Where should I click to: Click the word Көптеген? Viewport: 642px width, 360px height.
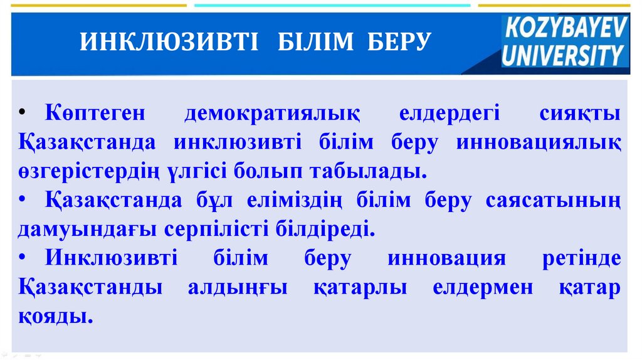[x=95, y=114]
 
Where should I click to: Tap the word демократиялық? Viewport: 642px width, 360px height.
[x=272, y=114]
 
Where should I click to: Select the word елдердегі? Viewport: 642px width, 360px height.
[x=450, y=114]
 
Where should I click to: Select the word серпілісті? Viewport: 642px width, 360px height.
[x=216, y=229]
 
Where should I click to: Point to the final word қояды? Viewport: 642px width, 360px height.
[x=55, y=316]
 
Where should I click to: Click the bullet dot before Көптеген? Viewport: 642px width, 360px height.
[x=23, y=114]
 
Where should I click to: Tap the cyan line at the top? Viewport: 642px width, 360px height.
[x=332, y=5]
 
